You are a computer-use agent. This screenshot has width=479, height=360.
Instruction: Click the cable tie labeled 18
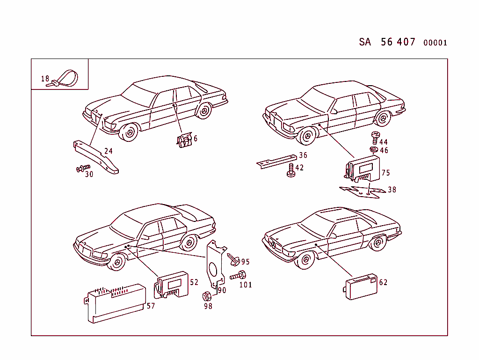pyautogui.click(x=65, y=78)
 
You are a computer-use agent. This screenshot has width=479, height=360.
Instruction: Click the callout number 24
pyautogui.click(x=109, y=151)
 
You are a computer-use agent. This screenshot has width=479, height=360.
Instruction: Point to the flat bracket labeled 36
pyautogui.click(x=276, y=161)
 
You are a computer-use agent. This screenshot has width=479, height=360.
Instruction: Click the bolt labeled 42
pyautogui.click(x=290, y=170)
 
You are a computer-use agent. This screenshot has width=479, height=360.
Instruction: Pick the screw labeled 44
pyautogui.click(x=375, y=138)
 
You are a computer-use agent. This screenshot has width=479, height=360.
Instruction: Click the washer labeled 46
pyautogui.click(x=373, y=149)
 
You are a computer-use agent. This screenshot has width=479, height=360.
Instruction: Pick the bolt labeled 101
pyautogui.click(x=239, y=276)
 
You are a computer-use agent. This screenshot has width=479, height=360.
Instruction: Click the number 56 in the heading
pyautogui.click(x=387, y=42)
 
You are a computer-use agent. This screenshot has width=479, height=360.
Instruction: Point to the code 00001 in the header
pyautogui.click(x=435, y=43)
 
